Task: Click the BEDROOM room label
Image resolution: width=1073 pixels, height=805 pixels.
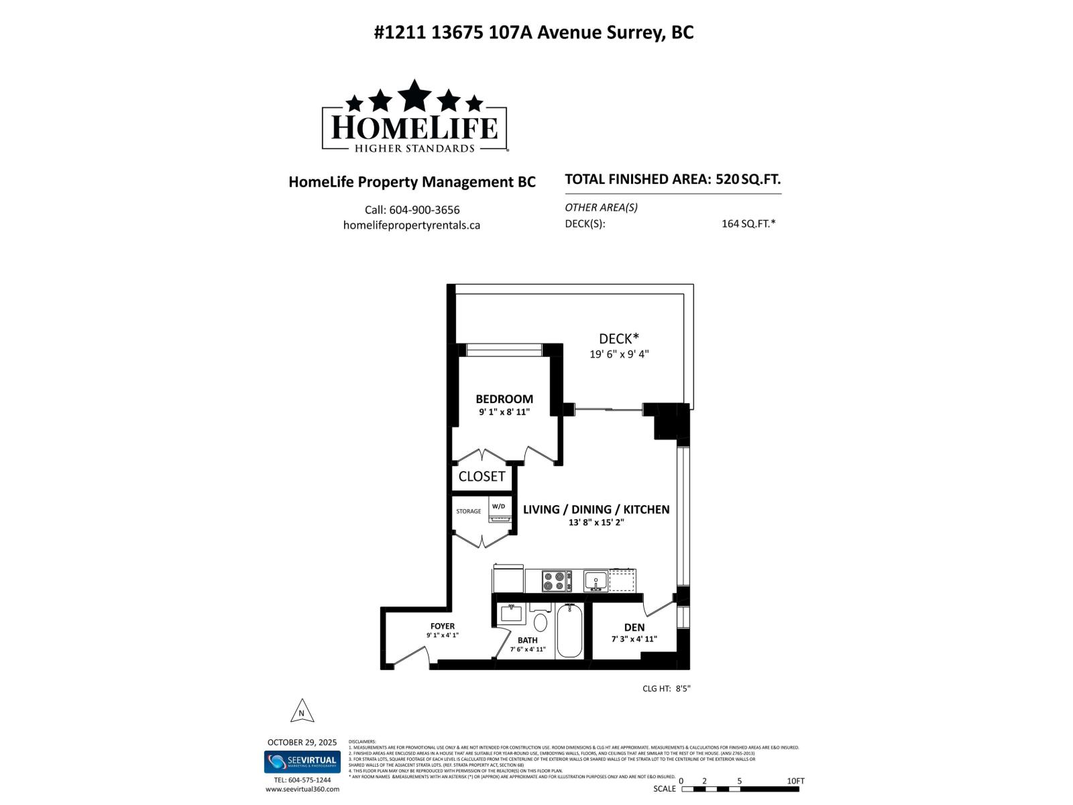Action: coord(504,399)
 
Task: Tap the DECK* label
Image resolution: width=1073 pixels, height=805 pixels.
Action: coord(618,339)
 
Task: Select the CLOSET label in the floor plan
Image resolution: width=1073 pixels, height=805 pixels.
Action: coord(482,476)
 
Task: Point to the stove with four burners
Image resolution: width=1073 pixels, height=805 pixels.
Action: coord(556,580)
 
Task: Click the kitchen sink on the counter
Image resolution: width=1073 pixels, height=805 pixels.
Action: coord(596,580)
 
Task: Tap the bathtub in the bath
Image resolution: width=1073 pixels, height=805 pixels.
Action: coord(569,631)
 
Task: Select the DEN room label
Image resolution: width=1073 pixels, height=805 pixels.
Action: coord(634,627)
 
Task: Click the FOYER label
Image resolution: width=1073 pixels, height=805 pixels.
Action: coord(443,626)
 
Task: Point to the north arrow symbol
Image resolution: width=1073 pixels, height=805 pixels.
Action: coord(302,711)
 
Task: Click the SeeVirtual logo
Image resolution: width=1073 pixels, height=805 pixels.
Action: coord(302,761)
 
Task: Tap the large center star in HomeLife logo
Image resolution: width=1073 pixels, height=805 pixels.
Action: coord(414,95)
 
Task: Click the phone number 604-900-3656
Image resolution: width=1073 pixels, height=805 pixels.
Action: coord(433,210)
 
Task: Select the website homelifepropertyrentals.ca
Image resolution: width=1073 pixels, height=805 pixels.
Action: coord(411,225)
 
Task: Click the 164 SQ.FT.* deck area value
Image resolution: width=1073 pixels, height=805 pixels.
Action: coord(748,224)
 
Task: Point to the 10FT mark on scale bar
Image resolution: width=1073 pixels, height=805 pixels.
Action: coord(795,781)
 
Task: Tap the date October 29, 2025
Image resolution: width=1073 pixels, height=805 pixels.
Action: coord(302,742)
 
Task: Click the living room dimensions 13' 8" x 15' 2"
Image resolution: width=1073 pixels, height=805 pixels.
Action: coord(596,522)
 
